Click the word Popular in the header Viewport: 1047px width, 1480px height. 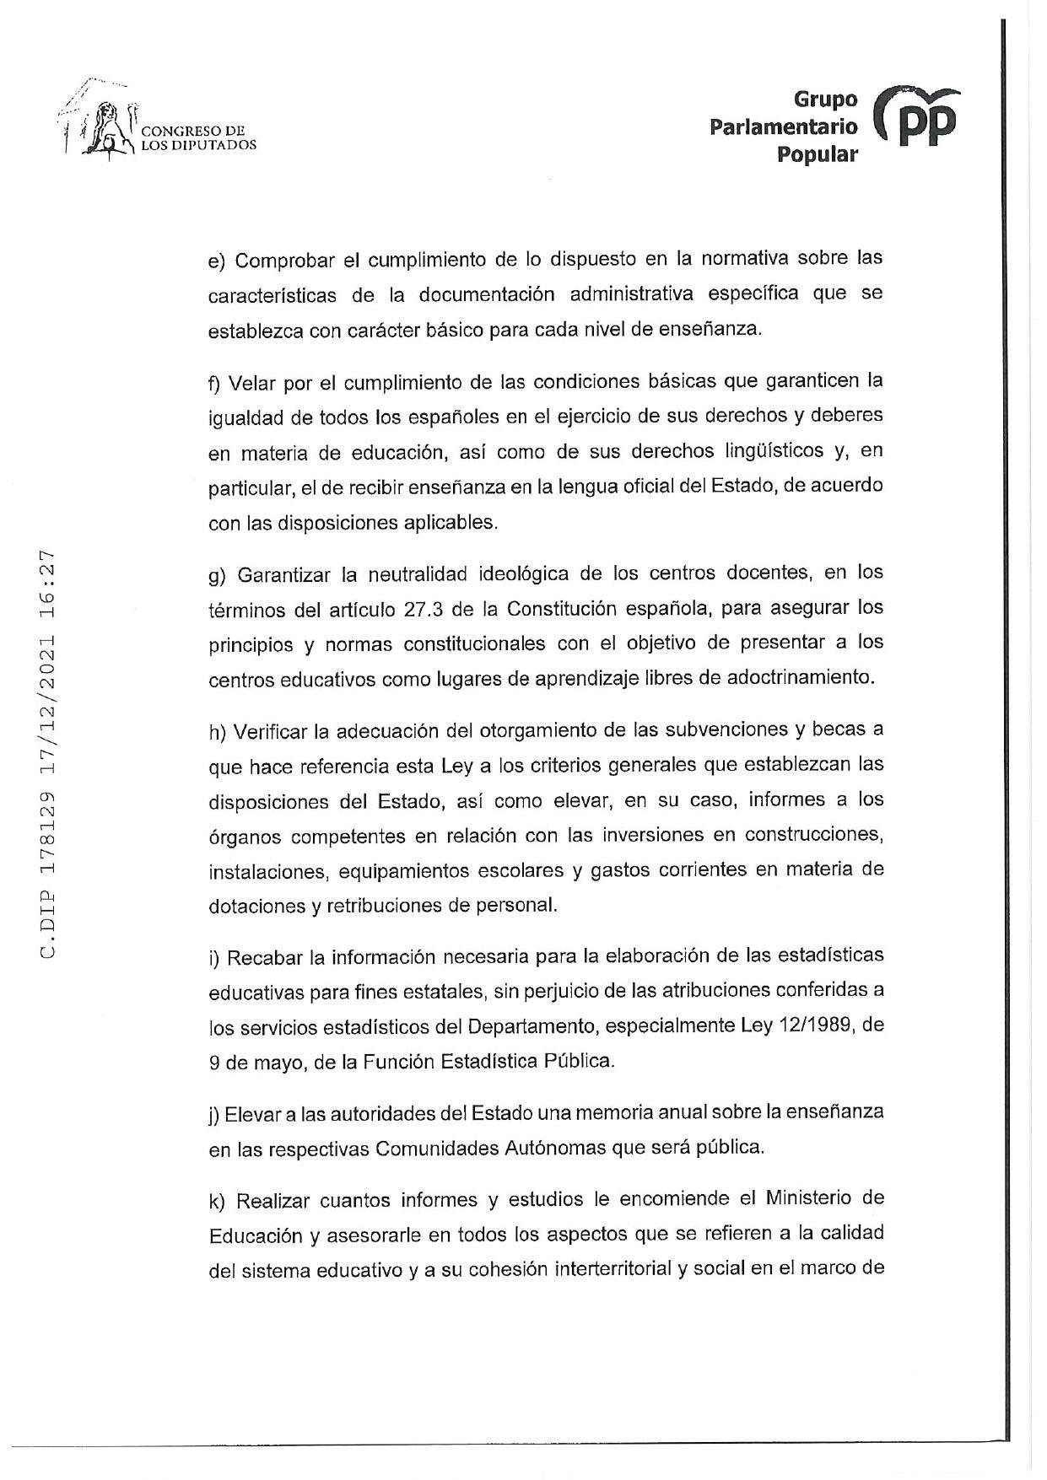tap(818, 154)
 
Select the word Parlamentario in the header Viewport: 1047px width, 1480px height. tap(784, 127)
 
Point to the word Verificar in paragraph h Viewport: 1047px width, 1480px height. tap(271, 729)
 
